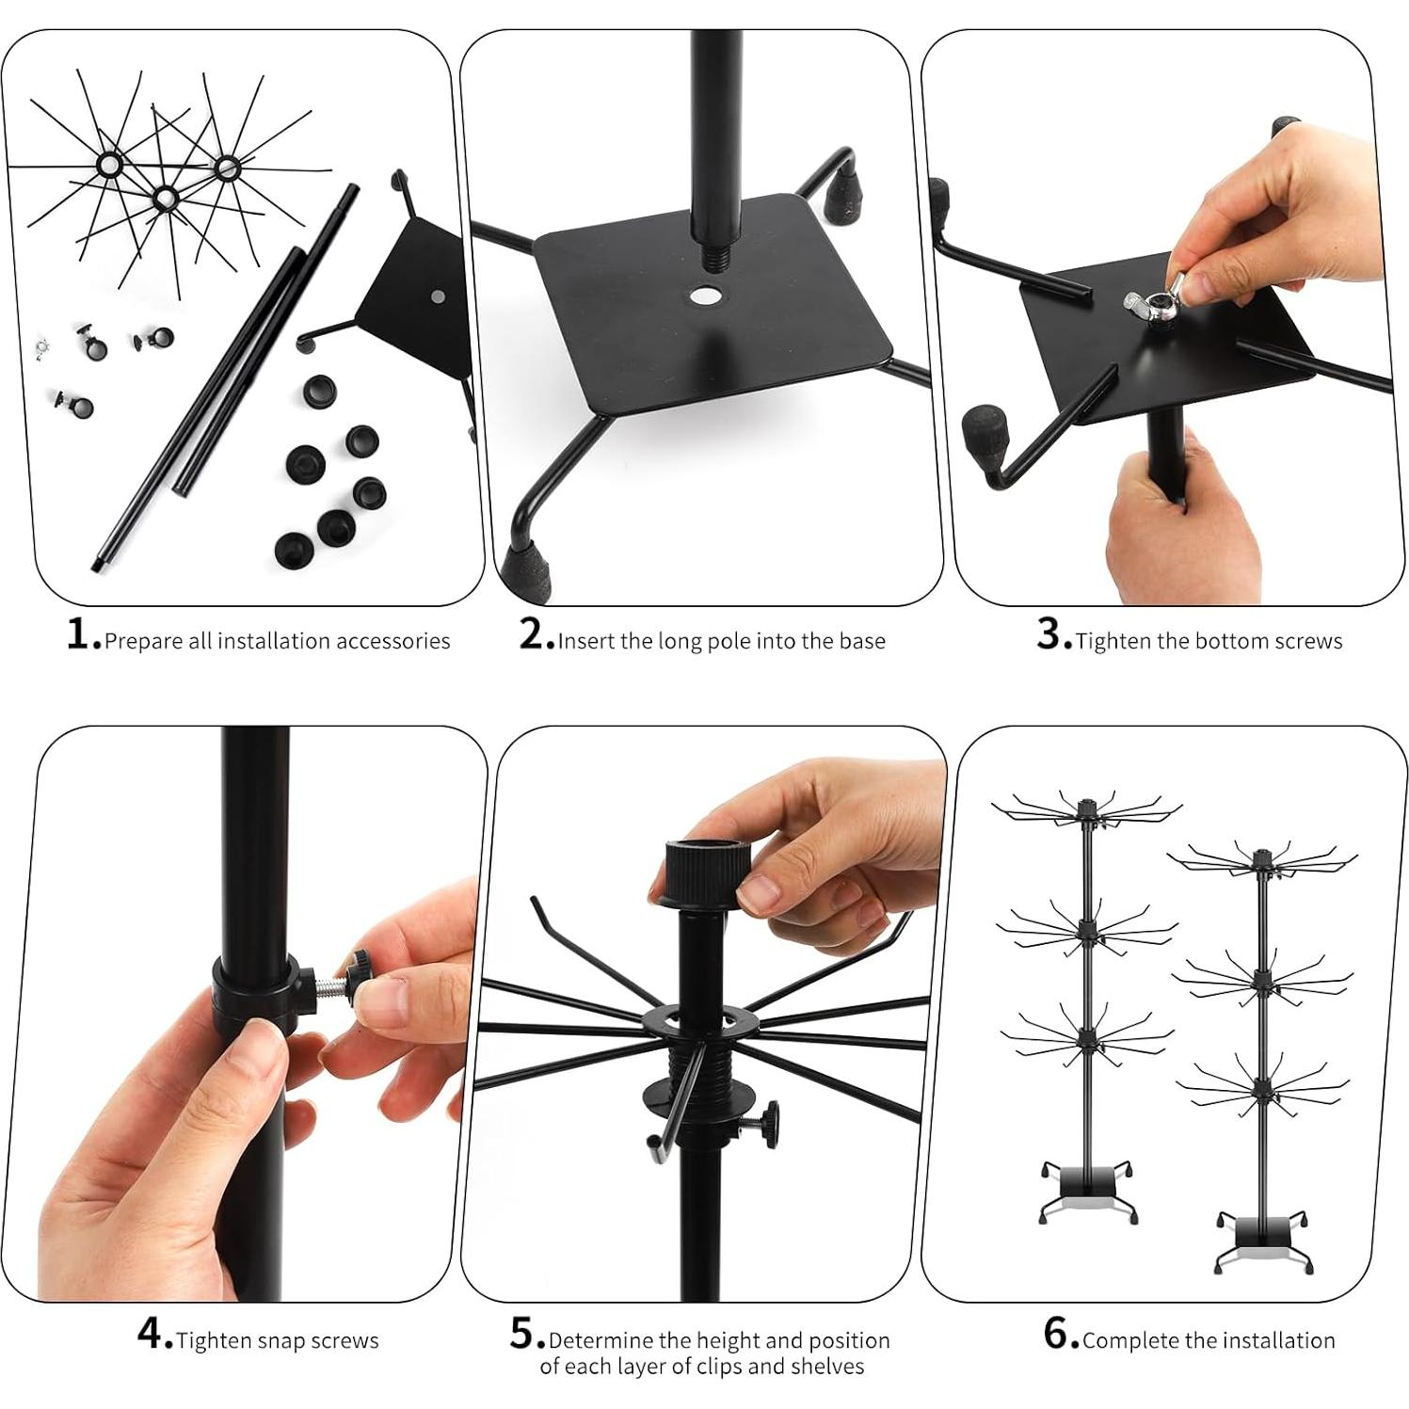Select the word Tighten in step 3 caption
[1114, 642]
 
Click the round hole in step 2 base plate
[701, 296]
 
